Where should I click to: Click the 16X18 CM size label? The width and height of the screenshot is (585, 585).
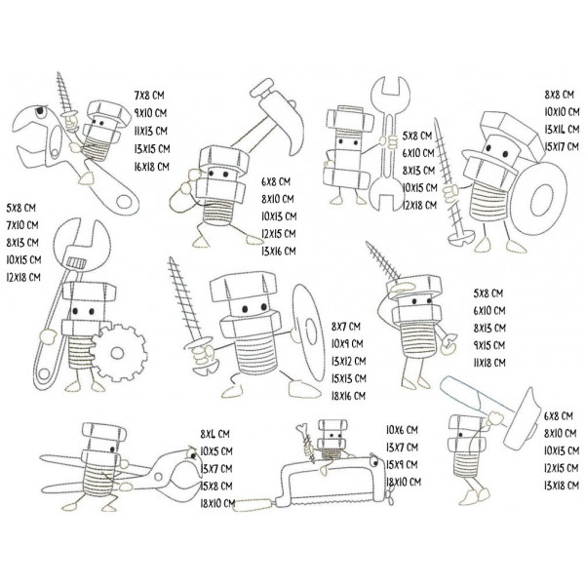[150, 168]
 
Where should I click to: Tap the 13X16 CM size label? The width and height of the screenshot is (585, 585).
[282, 251]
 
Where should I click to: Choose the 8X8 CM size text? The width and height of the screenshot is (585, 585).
[559, 95]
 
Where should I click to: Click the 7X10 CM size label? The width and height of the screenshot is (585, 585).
[22, 224]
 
